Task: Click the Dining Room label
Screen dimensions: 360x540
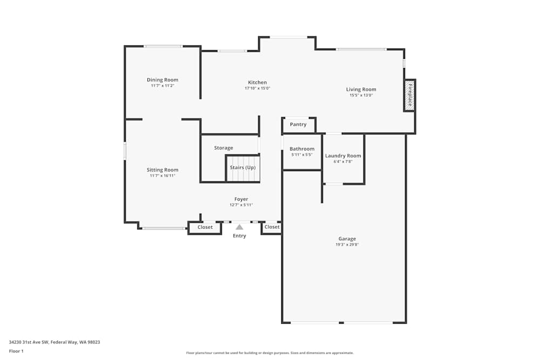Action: tap(163, 80)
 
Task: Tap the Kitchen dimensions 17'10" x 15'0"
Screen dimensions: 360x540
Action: tap(257, 88)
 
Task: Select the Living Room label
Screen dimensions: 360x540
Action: tap(361, 90)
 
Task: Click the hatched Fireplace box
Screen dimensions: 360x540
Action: tap(410, 96)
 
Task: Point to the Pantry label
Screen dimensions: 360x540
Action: tap(298, 125)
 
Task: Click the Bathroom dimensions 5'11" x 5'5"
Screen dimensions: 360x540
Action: tap(302, 155)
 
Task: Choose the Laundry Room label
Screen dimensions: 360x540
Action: tap(343, 156)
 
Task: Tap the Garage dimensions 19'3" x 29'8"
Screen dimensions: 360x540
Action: tap(347, 244)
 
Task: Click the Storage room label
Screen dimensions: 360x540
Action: tap(224, 148)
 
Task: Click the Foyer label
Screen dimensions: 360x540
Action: tap(241, 199)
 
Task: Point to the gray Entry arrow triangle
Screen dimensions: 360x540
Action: tap(239, 227)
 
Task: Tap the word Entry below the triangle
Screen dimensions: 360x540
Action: tap(239, 236)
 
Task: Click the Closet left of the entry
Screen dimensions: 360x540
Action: tap(205, 227)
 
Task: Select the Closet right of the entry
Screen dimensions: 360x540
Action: tap(272, 227)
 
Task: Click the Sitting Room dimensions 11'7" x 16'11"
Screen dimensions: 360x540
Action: tap(163, 175)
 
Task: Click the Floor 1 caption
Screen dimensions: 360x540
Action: tap(16, 351)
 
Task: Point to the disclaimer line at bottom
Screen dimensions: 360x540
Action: tap(270, 353)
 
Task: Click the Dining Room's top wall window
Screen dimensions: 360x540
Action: tap(163, 46)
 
